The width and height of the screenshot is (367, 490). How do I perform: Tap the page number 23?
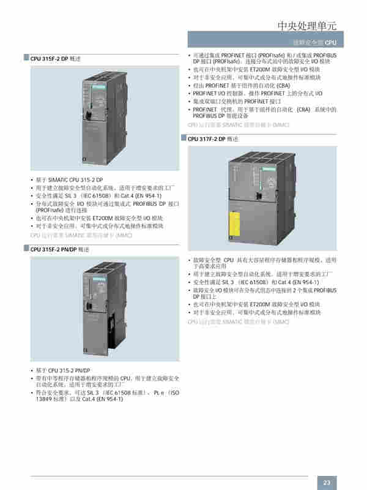click(327, 481)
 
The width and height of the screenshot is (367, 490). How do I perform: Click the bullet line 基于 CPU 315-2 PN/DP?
click(63, 371)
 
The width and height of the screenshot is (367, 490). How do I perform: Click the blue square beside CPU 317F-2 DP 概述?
click(183, 139)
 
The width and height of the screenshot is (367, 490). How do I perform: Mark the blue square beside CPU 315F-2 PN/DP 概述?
click(26, 249)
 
